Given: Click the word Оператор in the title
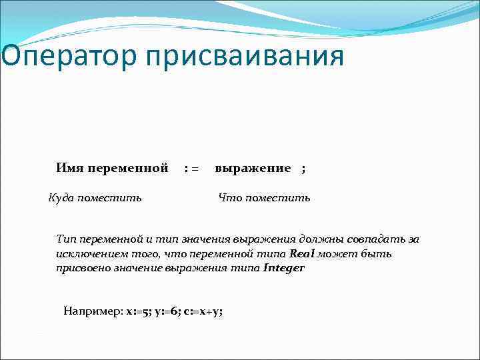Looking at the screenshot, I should pyautogui.click(x=63, y=55).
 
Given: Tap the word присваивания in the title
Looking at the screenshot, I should pyautogui.click(x=241, y=55).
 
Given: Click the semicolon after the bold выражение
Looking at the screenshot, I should pyautogui.click(x=303, y=169).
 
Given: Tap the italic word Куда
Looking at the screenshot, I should pyautogui.click(x=62, y=198).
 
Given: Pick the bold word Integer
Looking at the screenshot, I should pyautogui.click(x=285, y=268).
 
